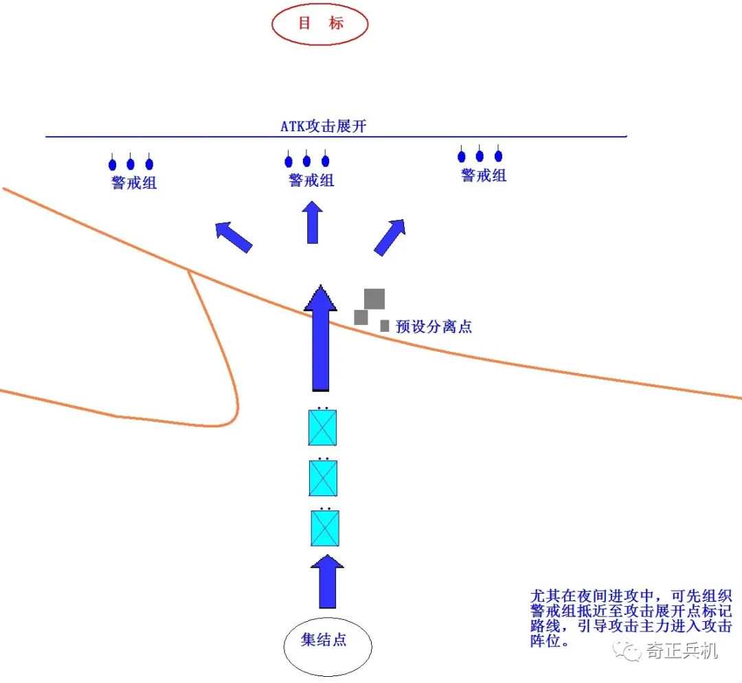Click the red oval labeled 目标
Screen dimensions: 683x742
(x=320, y=24)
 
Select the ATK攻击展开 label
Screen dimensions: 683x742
(x=323, y=126)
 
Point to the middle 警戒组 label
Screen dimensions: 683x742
(x=311, y=180)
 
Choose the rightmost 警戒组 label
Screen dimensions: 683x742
(x=484, y=175)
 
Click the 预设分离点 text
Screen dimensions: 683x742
(x=434, y=326)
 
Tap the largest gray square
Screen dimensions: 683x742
(x=374, y=299)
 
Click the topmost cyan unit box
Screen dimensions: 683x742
(x=322, y=427)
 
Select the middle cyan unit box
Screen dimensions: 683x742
(x=323, y=478)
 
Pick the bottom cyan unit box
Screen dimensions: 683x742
(x=325, y=528)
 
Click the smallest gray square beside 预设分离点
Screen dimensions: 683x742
(x=385, y=326)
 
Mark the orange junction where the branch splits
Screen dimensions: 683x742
(x=188, y=271)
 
